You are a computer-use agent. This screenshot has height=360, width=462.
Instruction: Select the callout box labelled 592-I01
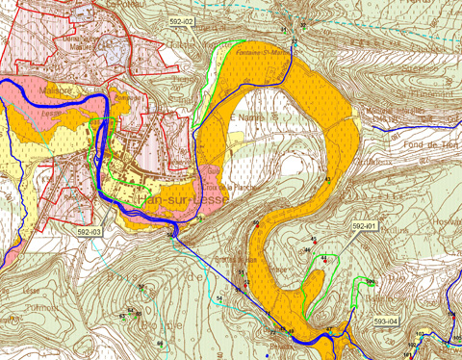click(365, 225)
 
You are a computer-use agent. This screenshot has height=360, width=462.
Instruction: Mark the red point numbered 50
click(256, 223)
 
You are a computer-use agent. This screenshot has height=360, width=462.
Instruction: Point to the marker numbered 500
click(370, 282)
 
